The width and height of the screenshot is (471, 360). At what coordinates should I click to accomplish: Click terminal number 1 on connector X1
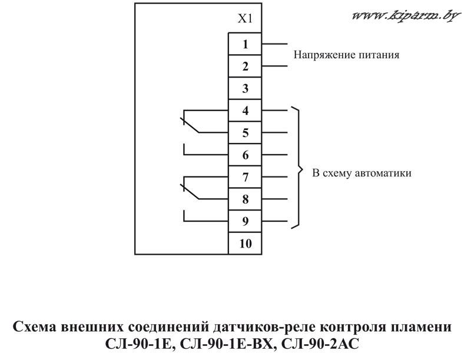[245, 44]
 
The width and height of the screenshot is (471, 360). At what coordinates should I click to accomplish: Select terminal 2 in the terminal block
[245, 66]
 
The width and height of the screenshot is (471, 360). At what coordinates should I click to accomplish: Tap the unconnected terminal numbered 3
[245, 88]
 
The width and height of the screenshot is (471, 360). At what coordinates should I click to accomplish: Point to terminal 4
[245, 111]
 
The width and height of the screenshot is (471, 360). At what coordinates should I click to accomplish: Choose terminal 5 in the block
[245, 132]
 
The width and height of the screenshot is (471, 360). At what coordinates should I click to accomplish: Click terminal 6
[245, 155]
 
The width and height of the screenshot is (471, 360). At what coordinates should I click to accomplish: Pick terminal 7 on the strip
[245, 177]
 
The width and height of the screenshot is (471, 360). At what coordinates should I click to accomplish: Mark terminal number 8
[245, 199]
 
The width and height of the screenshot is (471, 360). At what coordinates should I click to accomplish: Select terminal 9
[245, 221]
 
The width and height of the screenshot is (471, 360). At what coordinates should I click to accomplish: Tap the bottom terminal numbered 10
[245, 244]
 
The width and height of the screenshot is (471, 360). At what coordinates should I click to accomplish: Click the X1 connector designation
[245, 19]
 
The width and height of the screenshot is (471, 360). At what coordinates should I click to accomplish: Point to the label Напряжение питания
[346, 55]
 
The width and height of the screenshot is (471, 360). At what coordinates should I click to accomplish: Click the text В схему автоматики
[361, 174]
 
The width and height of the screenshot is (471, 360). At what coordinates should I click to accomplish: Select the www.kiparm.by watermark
[406, 16]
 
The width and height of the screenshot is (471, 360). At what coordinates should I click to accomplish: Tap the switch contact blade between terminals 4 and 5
[190, 125]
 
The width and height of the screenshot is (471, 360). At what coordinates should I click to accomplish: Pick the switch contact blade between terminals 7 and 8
[190, 191]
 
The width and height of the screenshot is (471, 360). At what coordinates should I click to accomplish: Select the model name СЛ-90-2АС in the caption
[320, 344]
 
